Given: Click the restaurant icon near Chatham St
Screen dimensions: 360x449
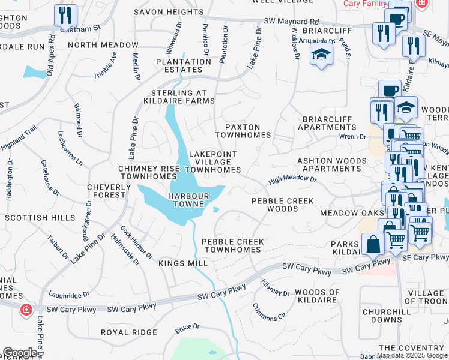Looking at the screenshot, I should [65, 15].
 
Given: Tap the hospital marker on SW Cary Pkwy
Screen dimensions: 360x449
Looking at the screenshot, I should [26, 310].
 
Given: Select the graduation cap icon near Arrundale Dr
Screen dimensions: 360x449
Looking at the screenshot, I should [322, 55].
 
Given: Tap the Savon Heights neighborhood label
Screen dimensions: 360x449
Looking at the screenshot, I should [169, 12].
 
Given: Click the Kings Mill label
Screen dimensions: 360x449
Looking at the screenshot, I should [184, 263].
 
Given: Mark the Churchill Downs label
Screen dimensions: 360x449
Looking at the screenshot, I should [382, 316].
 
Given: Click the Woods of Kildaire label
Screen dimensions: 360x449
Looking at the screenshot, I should [317, 292].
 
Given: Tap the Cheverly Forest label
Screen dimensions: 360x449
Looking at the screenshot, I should [109, 191].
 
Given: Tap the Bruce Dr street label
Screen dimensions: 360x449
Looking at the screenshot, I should [187, 328].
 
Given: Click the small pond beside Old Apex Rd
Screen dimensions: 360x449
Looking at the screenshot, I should [34, 72].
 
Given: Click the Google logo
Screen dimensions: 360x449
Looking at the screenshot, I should [20, 353].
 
